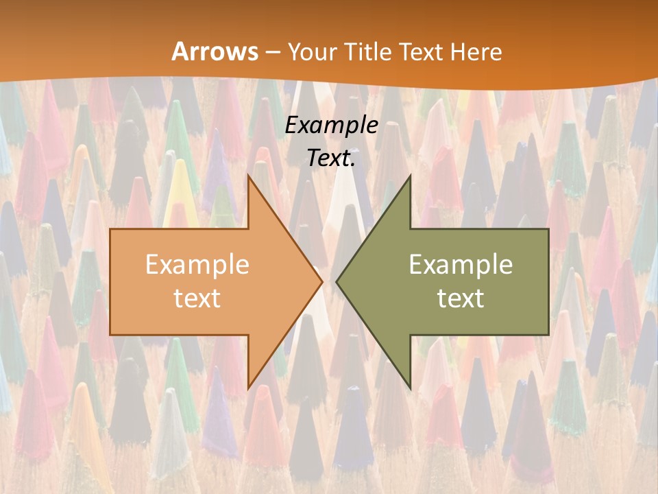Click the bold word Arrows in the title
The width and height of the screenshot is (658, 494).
[x=215, y=51]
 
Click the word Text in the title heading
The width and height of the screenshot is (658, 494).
[x=423, y=52]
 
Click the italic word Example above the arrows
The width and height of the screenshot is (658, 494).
[x=331, y=126]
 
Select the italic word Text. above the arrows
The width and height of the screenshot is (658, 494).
[x=331, y=158]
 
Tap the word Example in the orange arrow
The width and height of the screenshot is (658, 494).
[x=197, y=265]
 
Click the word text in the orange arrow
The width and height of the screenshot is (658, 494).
[x=197, y=298]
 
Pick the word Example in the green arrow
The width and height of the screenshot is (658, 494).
[x=461, y=265]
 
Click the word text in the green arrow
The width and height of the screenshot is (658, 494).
[x=461, y=298]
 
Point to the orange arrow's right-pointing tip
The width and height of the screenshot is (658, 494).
[x=322, y=281]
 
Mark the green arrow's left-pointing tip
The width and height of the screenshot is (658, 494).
[x=337, y=281]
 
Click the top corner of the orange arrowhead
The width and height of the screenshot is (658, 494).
[x=248, y=175]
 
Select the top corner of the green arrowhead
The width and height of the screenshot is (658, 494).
[x=410, y=175]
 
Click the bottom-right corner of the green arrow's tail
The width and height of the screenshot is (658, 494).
[x=548, y=335]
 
